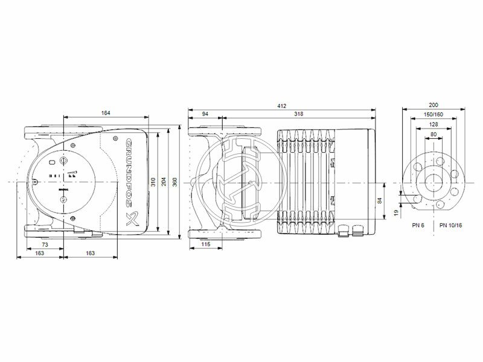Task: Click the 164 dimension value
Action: point(106,113)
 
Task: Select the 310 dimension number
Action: point(153,182)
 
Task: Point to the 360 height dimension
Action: point(175,182)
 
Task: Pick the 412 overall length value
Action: point(281,106)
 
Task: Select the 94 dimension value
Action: point(205,113)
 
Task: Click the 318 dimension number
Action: point(298,113)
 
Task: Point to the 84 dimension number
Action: point(380,202)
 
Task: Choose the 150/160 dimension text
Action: point(433,114)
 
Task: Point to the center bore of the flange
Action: point(433,182)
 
